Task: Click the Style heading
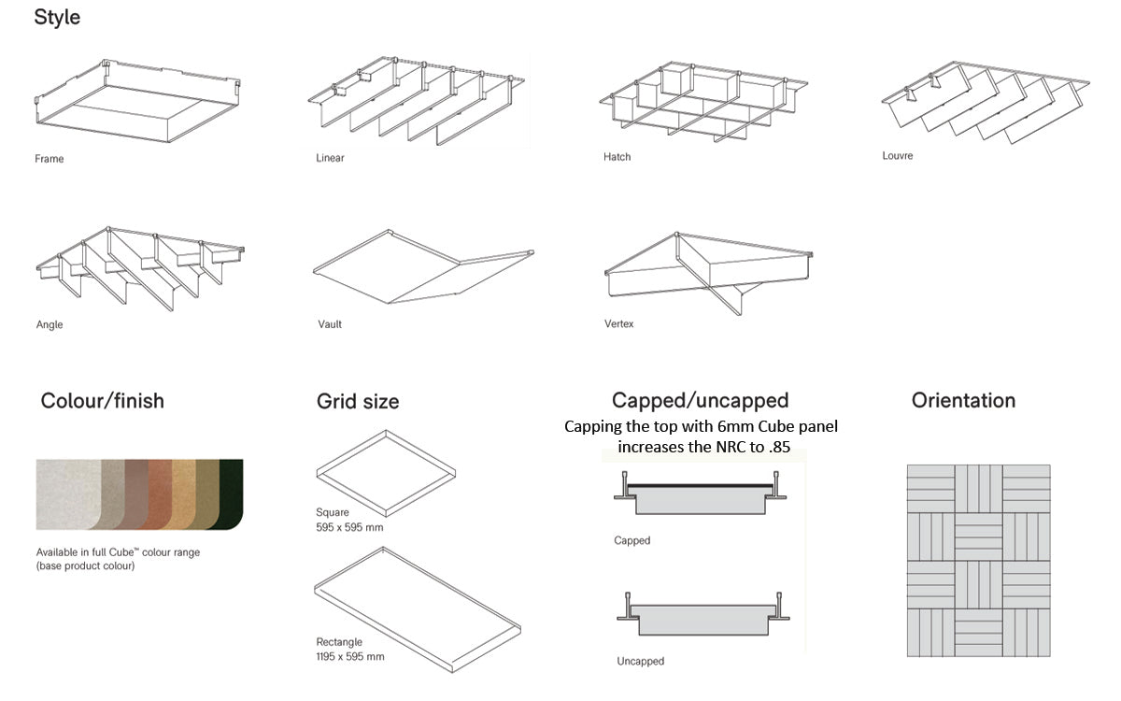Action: tap(57, 17)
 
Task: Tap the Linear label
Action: tap(330, 158)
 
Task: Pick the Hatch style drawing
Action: tap(705, 103)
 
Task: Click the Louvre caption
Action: tap(897, 156)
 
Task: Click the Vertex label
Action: tap(618, 324)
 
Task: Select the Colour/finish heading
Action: tap(102, 401)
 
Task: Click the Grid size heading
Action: tap(358, 402)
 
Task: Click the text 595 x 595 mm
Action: tap(349, 527)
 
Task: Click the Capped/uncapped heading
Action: tap(700, 401)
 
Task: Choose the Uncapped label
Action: tap(640, 662)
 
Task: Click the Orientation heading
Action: tap(963, 401)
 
